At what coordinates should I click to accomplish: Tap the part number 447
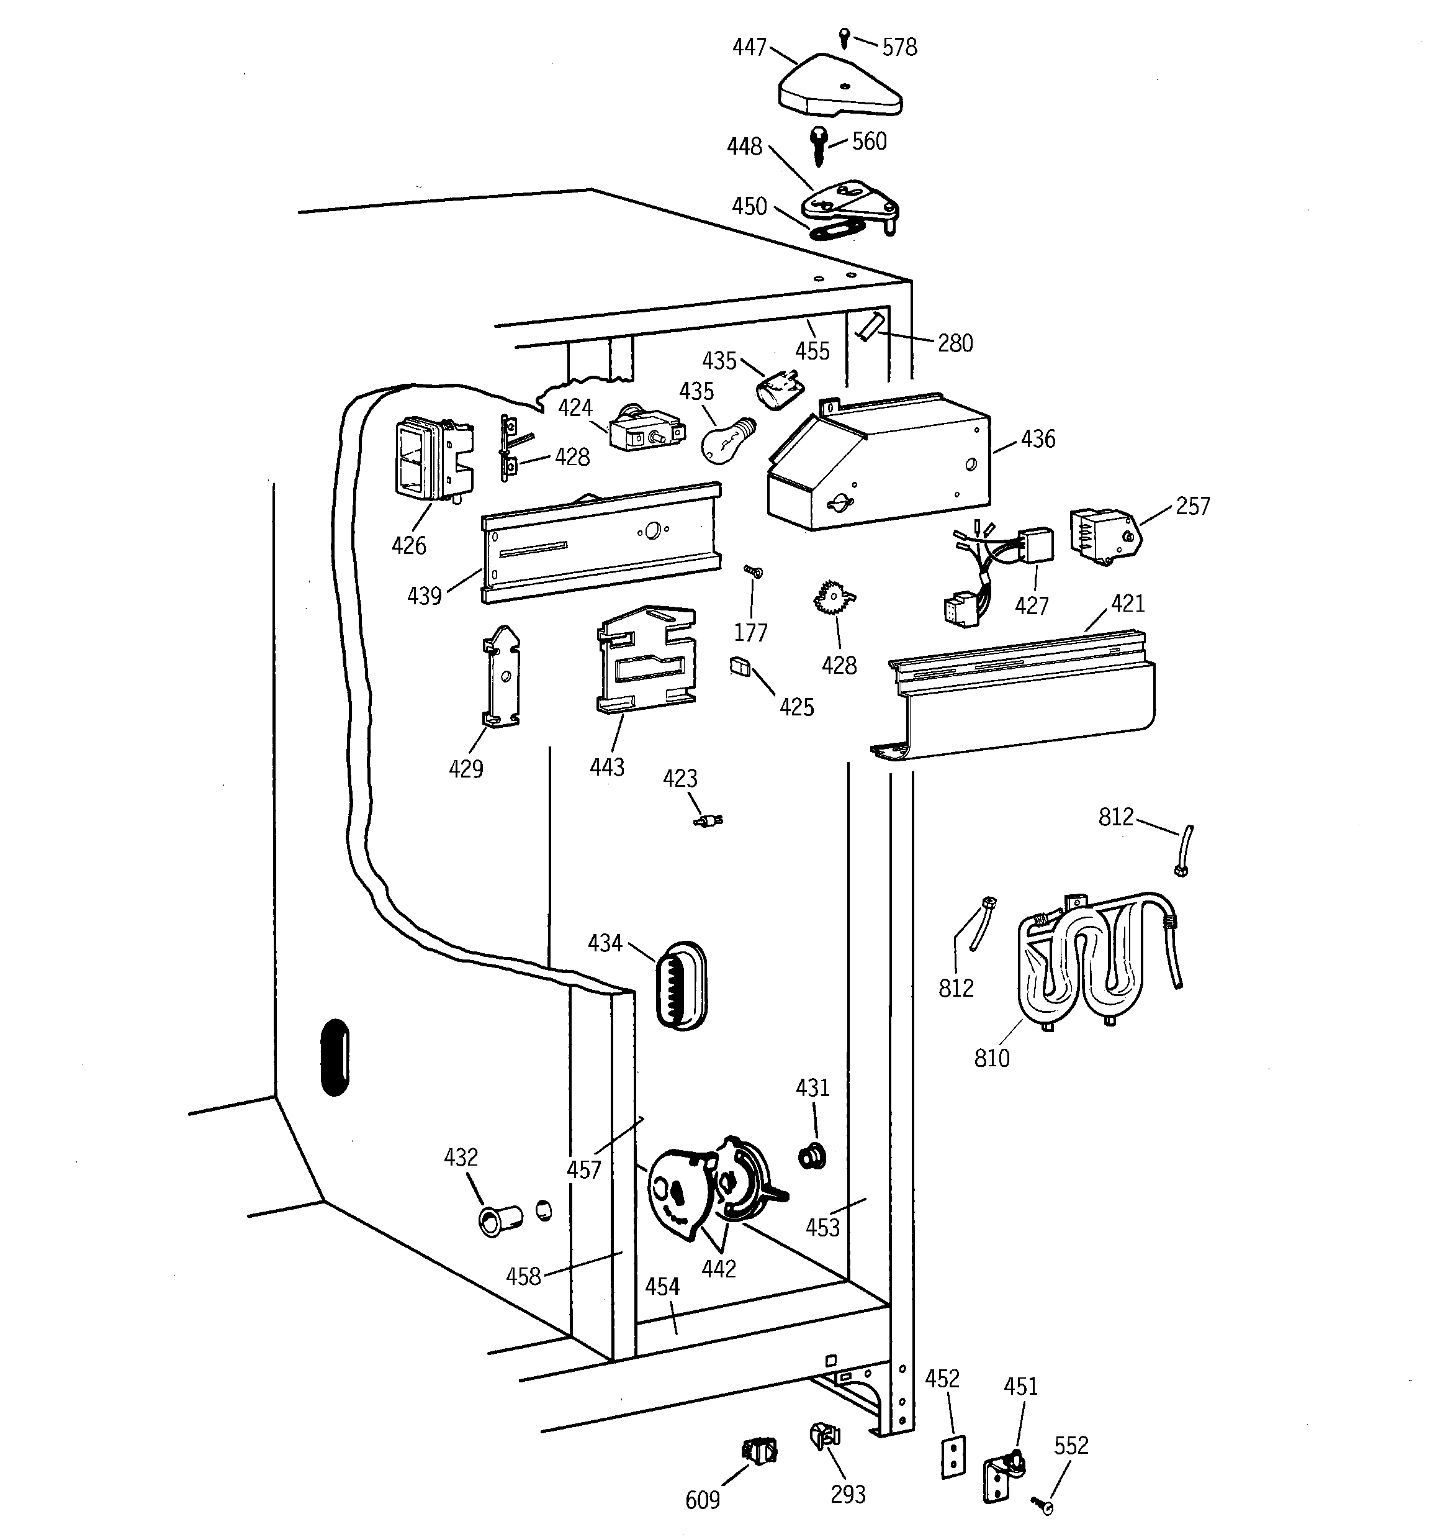pos(749,48)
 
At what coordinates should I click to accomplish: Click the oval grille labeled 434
pos(680,985)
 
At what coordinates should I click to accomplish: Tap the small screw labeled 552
pos(1043,1505)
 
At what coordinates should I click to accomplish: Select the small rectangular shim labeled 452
pos(954,1458)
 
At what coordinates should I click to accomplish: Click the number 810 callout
pos(992,1058)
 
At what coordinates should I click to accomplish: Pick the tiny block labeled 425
pos(740,666)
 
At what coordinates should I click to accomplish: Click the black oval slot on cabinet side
pos(335,1056)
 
